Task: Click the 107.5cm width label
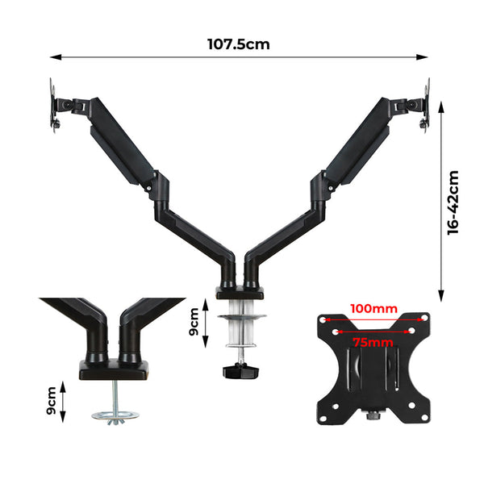tap(238, 44)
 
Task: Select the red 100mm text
tap(373, 308)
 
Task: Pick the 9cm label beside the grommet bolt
tap(52, 401)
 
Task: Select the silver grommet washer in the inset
tap(115, 416)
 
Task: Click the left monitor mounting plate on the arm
tap(56, 106)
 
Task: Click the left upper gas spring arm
tap(121, 141)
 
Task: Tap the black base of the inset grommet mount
tap(113, 369)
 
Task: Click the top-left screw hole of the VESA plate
tap(328, 319)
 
